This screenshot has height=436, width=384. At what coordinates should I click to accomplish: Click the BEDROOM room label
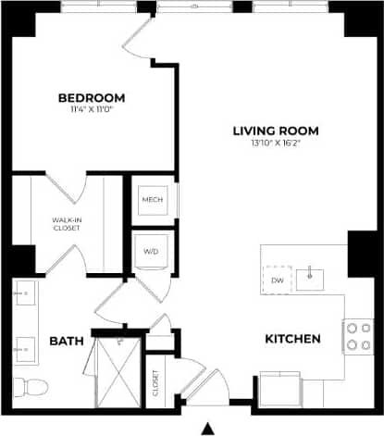(x=92, y=97)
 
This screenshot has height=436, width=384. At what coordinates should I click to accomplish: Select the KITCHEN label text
(x=292, y=340)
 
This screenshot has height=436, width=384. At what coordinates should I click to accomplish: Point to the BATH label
(x=67, y=342)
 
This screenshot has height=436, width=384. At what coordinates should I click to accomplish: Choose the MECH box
(x=152, y=199)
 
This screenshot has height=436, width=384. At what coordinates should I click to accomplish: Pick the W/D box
(x=152, y=250)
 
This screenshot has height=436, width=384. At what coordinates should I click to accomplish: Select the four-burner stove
(x=356, y=338)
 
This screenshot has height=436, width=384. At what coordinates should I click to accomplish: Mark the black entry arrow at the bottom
(x=208, y=428)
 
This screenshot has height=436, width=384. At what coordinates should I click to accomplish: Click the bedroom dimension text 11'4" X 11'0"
(x=92, y=109)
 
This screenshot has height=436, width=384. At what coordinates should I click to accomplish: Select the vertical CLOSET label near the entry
(x=155, y=383)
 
